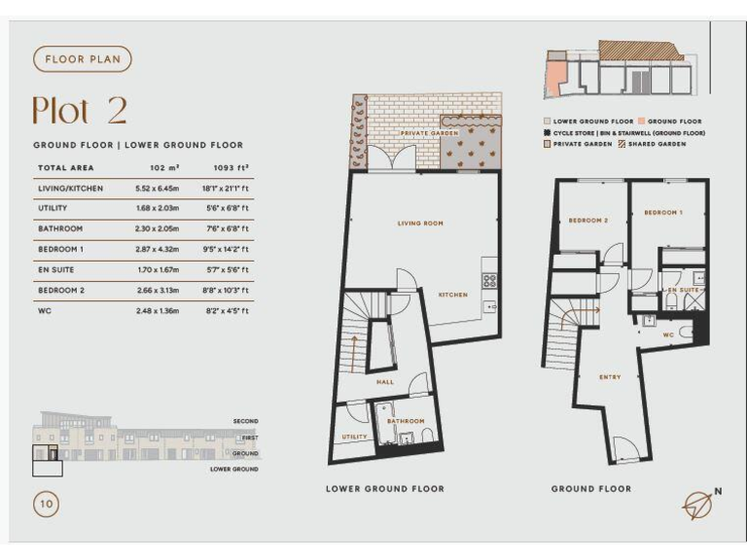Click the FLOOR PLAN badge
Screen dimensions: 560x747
pyautogui.click(x=82, y=59)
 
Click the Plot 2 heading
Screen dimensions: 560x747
pyautogui.click(x=79, y=110)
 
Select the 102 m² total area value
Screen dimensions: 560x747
pyautogui.click(x=151, y=168)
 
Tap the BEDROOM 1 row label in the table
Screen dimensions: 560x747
pyautogui.click(x=61, y=250)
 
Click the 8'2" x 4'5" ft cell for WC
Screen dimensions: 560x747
pyautogui.click(x=225, y=311)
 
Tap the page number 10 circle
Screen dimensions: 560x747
pyautogui.click(x=45, y=504)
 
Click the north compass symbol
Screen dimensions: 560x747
pyautogui.click(x=697, y=503)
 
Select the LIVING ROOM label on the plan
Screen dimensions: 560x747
pyautogui.click(x=420, y=224)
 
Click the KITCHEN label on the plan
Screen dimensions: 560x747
pyautogui.click(x=452, y=295)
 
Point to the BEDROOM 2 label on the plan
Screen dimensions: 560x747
pyautogui.click(x=587, y=221)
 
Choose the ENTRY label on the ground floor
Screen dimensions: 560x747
pyautogui.click(x=610, y=377)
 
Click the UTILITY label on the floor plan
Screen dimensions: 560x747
pyautogui.click(x=354, y=437)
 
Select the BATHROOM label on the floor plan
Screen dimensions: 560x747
pyautogui.click(x=406, y=421)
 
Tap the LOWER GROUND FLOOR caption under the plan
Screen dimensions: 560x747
pyautogui.click(x=384, y=489)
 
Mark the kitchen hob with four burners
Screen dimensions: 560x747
pyautogui.click(x=489, y=280)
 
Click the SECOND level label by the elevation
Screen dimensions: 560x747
pyautogui.click(x=245, y=421)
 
